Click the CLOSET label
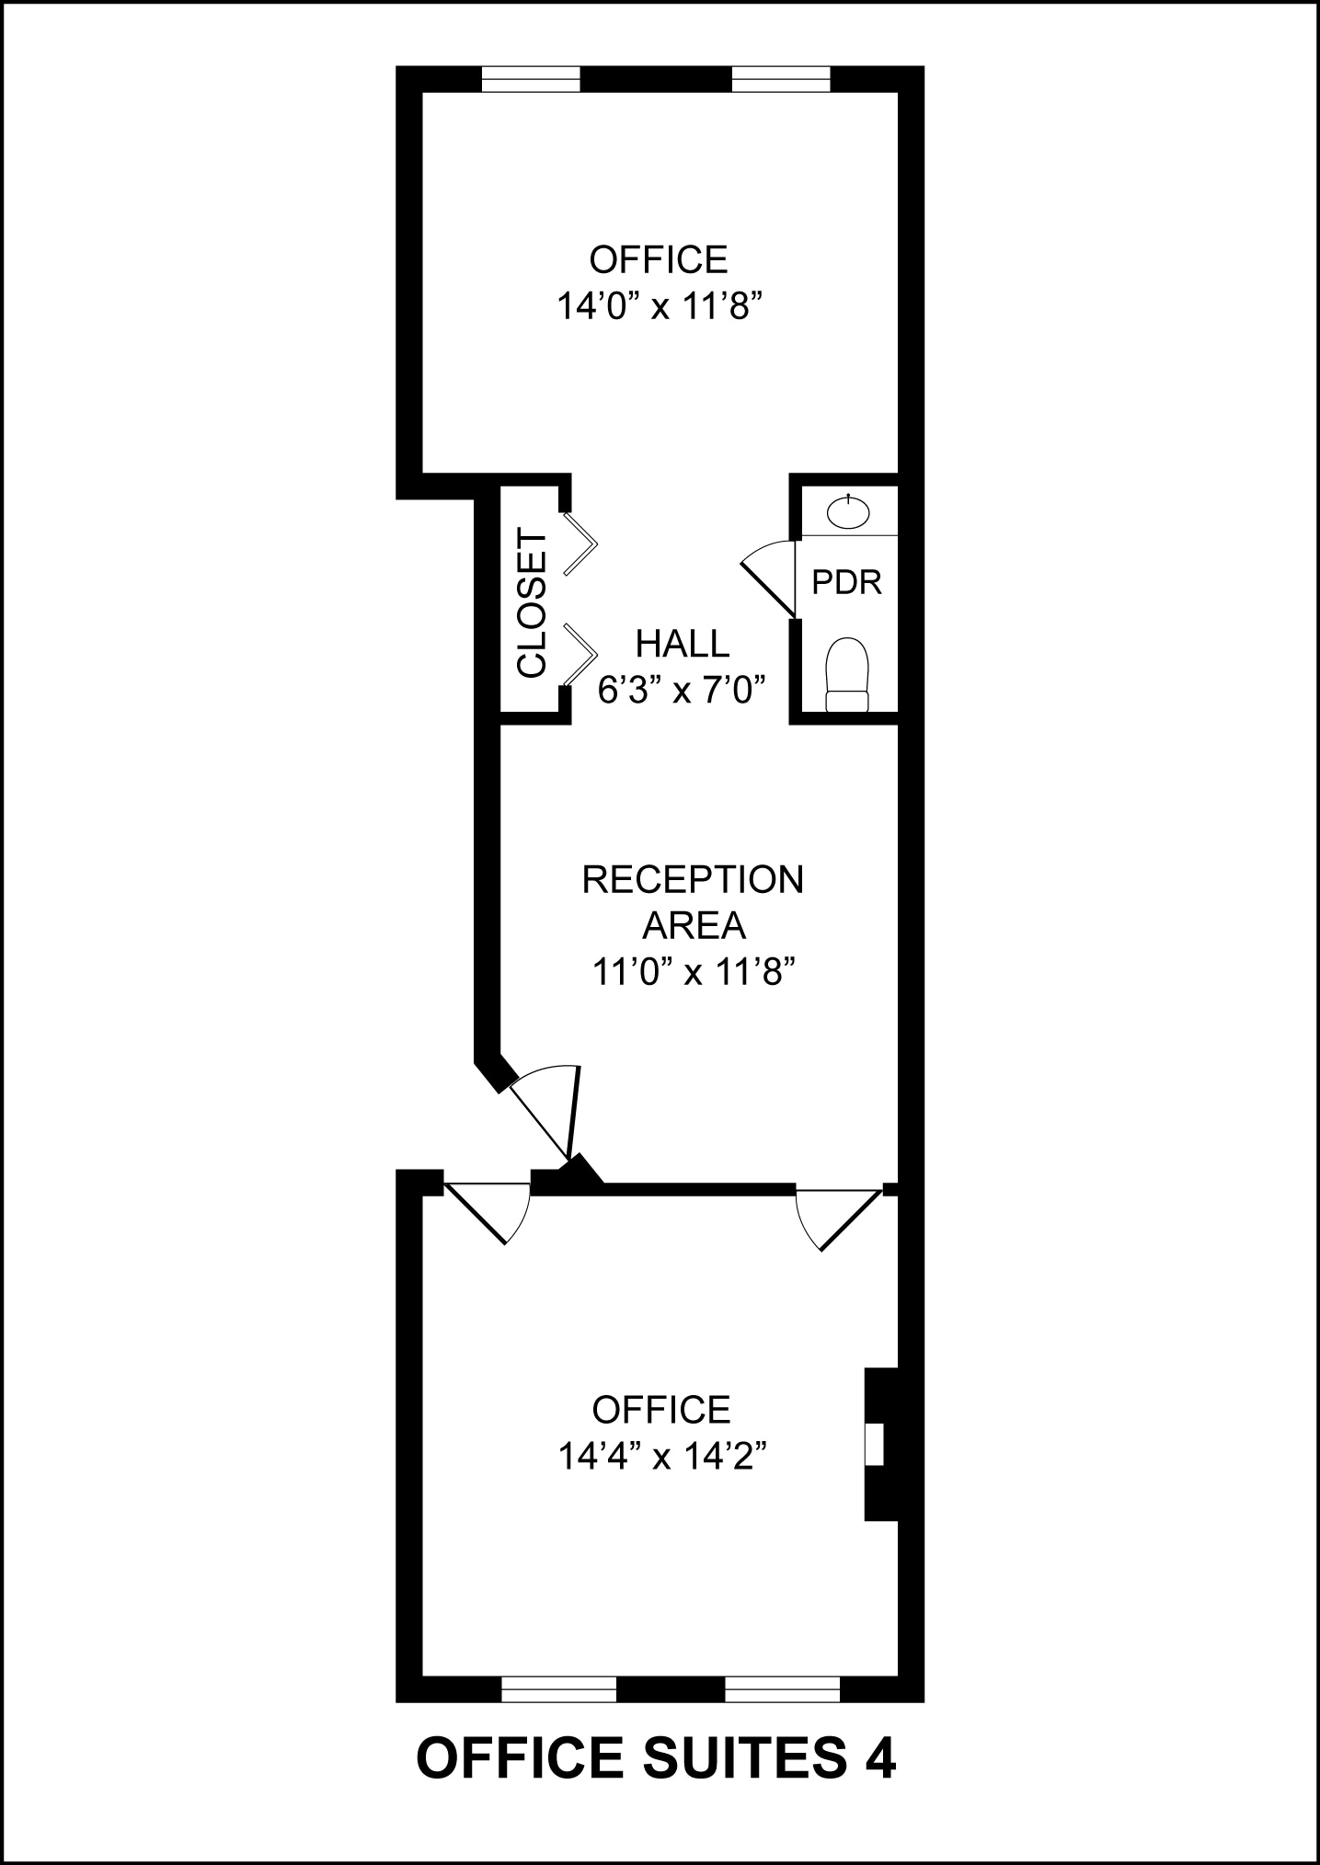coord(532,602)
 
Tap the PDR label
coord(846,582)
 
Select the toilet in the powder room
coord(847,673)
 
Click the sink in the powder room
coord(847,511)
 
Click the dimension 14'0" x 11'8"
coord(660,306)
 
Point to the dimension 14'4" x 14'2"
coord(662,1456)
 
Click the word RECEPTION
coord(693,880)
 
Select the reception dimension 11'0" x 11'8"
coord(693,971)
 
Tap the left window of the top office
coord(532,80)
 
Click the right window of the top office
coord(781,80)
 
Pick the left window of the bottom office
coord(558,1688)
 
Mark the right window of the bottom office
coord(782,1688)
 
